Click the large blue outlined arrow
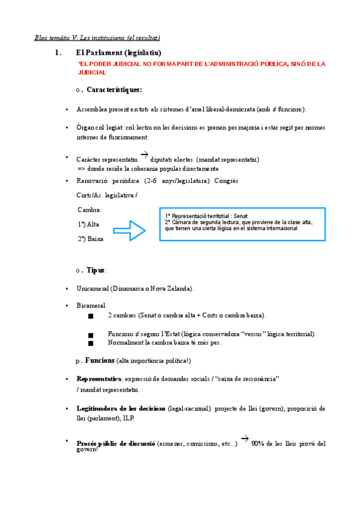click(130, 230)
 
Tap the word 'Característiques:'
click(114, 90)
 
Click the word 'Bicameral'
click(91, 306)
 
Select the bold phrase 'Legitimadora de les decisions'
click(121, 408)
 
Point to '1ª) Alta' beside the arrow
click(88, 224)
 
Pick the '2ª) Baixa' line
click(90, 239)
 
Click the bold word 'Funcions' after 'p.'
click(100, 360)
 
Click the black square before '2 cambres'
click(91, 316)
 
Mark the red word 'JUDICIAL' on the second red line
click(93, 73)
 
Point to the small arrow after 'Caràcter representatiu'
click(144, 155)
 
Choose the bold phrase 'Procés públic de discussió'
click(115, 444)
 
